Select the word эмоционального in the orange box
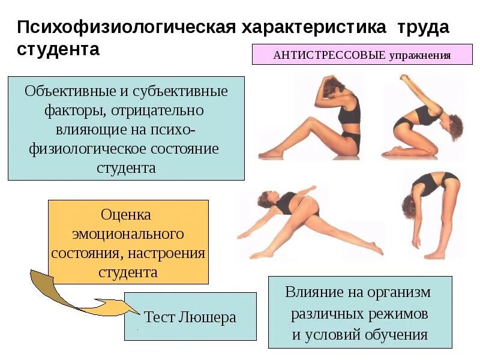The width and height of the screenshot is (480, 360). tap(128, 233)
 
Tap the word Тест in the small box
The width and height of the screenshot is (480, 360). tap(159, 317)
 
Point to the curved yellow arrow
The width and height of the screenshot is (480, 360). tap(66, 297)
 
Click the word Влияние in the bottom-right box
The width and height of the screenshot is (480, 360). tap(316, 293)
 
